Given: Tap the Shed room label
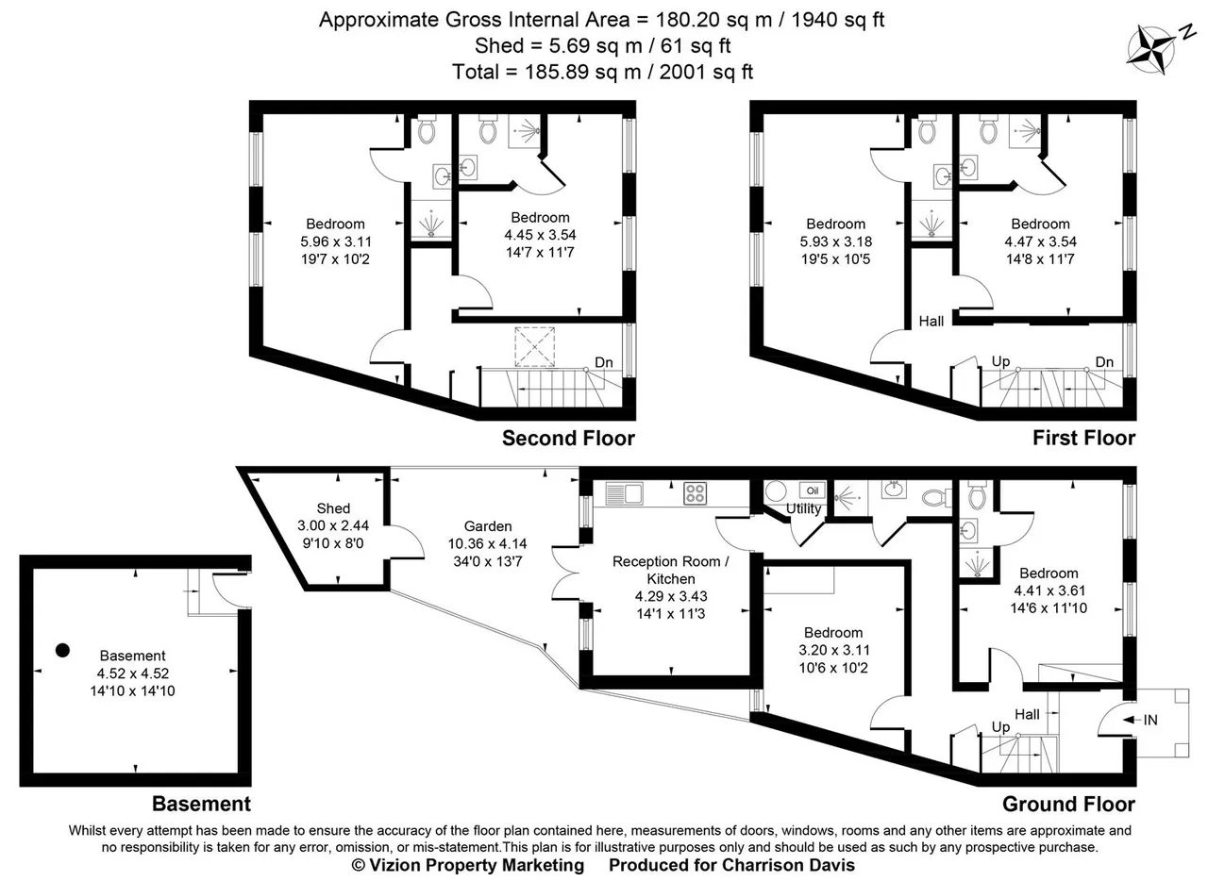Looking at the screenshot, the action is coord(333,508).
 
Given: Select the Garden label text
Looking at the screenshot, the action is coord(488,526).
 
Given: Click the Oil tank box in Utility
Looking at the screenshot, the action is coord(813,490).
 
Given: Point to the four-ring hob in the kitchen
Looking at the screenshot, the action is coord(696,493).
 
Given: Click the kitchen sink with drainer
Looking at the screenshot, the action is coord(624,493).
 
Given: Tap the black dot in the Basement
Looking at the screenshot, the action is coord(62,651).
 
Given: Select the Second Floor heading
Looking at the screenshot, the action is coord(568,439).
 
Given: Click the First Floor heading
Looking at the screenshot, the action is coord(1084,439).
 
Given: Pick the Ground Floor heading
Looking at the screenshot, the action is coord(1069,804).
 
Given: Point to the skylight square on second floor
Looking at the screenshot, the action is coord(534,347).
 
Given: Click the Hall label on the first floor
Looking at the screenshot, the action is coord(931,322).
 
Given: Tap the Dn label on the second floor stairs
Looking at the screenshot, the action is coord(604,362).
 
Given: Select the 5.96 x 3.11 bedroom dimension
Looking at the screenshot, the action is coord(335,241).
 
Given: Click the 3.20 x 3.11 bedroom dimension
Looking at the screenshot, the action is coord(833,650).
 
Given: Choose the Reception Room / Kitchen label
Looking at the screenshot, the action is coord(671,570).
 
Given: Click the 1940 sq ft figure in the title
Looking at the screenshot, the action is coord(837,20).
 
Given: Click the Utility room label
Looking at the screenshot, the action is coord(803,508).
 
